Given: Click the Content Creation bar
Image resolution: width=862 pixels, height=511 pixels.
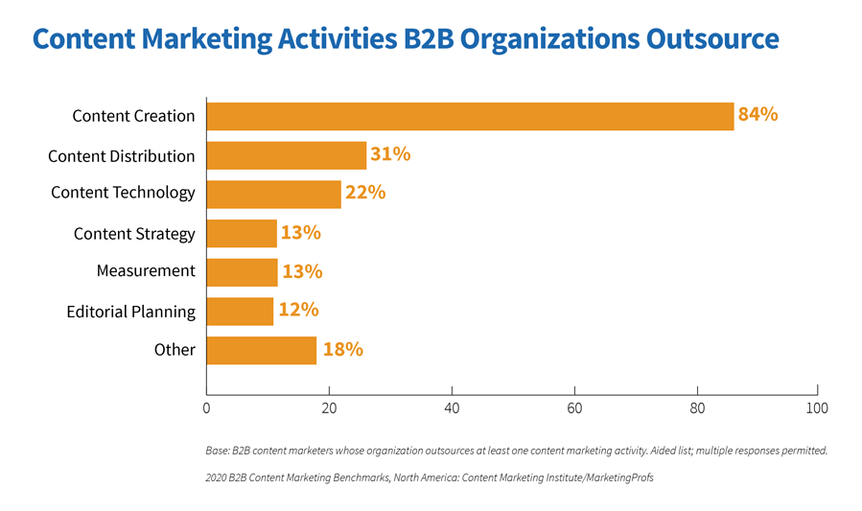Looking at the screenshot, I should [470, 116].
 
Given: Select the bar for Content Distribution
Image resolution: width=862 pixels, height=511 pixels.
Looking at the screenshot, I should [286, 155].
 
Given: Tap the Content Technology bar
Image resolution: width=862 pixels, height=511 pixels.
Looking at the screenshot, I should [273, 194].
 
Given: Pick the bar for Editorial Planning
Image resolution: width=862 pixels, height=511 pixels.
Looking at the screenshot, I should [240, 311].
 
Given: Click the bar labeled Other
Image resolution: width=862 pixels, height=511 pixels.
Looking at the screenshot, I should [261, 350].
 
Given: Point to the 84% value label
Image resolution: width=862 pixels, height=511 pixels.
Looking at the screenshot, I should [757, 115].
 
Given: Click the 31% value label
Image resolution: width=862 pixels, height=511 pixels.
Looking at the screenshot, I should [390, 154].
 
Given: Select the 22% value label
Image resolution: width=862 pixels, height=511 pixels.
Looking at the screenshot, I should [365, 193].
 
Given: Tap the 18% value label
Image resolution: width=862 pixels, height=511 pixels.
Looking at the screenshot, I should [342, 350].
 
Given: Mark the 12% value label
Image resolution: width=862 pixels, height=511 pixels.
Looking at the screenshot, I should [298, 311].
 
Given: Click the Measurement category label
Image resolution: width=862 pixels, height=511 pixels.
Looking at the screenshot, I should [146, 271].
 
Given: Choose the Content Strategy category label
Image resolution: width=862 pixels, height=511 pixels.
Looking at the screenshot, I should [134, 234].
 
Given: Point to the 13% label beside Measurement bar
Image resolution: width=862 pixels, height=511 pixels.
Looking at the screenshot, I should [302, 272].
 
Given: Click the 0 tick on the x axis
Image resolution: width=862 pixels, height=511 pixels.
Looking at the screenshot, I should [206, 407].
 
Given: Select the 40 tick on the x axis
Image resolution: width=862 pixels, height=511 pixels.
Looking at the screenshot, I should [452, 407].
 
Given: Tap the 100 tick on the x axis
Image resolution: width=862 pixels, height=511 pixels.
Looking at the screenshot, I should [817, 407].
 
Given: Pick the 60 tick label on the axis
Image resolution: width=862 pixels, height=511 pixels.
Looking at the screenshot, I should [574, 407].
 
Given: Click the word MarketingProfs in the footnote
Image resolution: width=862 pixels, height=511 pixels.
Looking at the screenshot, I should [615, 476].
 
